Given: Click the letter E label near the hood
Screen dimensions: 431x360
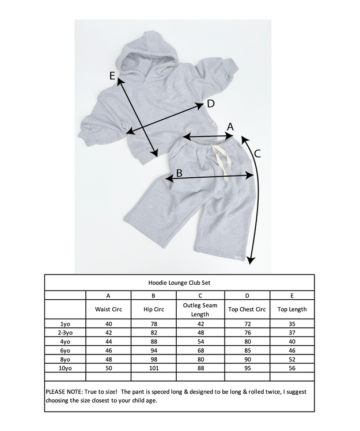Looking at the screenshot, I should pyautogui.click(x=113, y=76).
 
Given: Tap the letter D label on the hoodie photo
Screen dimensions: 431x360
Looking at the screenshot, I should pyautogui.click(x=210, y=104).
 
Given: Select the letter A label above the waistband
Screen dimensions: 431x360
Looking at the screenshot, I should pyautogui.click(x=230, y=126).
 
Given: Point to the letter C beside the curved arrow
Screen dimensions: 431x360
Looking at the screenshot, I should pyautogui.click(x=257, y=153).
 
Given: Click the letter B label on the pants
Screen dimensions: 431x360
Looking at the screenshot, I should pyautogui.click(x=179, y=172).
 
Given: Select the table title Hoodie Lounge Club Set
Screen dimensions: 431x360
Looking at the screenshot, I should pyautogui.click(x=180, y=283).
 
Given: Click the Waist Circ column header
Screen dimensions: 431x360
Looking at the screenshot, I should pyautogui.click(x=108, y=309).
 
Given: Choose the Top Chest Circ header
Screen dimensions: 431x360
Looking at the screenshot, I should pyautogui.click(x=247, y=309).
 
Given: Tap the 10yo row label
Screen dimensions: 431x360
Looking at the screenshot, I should pyautogui.click(x=65, y=367).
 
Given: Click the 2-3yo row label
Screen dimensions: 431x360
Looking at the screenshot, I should pyautogui.click(x=65, y=333).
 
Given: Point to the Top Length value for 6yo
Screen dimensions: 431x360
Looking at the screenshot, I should pyautogui.click(x=292, y=350).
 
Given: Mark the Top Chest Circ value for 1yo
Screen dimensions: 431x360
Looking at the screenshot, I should pyautogui.click(x=247, y=324).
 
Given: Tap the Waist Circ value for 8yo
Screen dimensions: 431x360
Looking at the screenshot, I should pyautogui.click(x=108, y=358).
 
